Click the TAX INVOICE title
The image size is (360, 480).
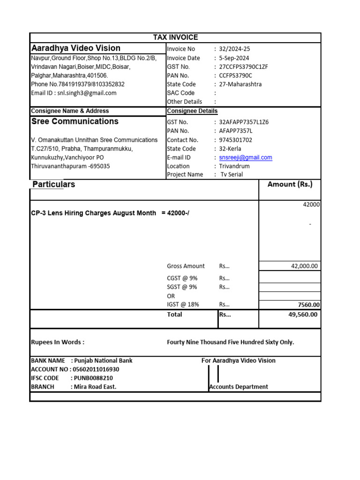[176, 37]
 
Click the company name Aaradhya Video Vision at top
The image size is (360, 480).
[75, 48]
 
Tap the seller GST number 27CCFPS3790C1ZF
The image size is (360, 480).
[243, 67]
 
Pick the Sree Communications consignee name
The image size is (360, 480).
[75, 121]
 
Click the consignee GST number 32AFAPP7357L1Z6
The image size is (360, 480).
[244, 122]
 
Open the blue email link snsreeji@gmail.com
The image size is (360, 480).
[245, 158]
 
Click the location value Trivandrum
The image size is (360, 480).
[234, 166]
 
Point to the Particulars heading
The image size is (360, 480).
[53, 185]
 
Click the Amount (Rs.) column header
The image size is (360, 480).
[290, 185]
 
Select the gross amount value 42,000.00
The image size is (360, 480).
[304, 266]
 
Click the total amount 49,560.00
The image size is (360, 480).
[302, 315]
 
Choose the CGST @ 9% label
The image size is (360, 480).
[182, 278]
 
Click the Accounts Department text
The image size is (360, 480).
[239, 387]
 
